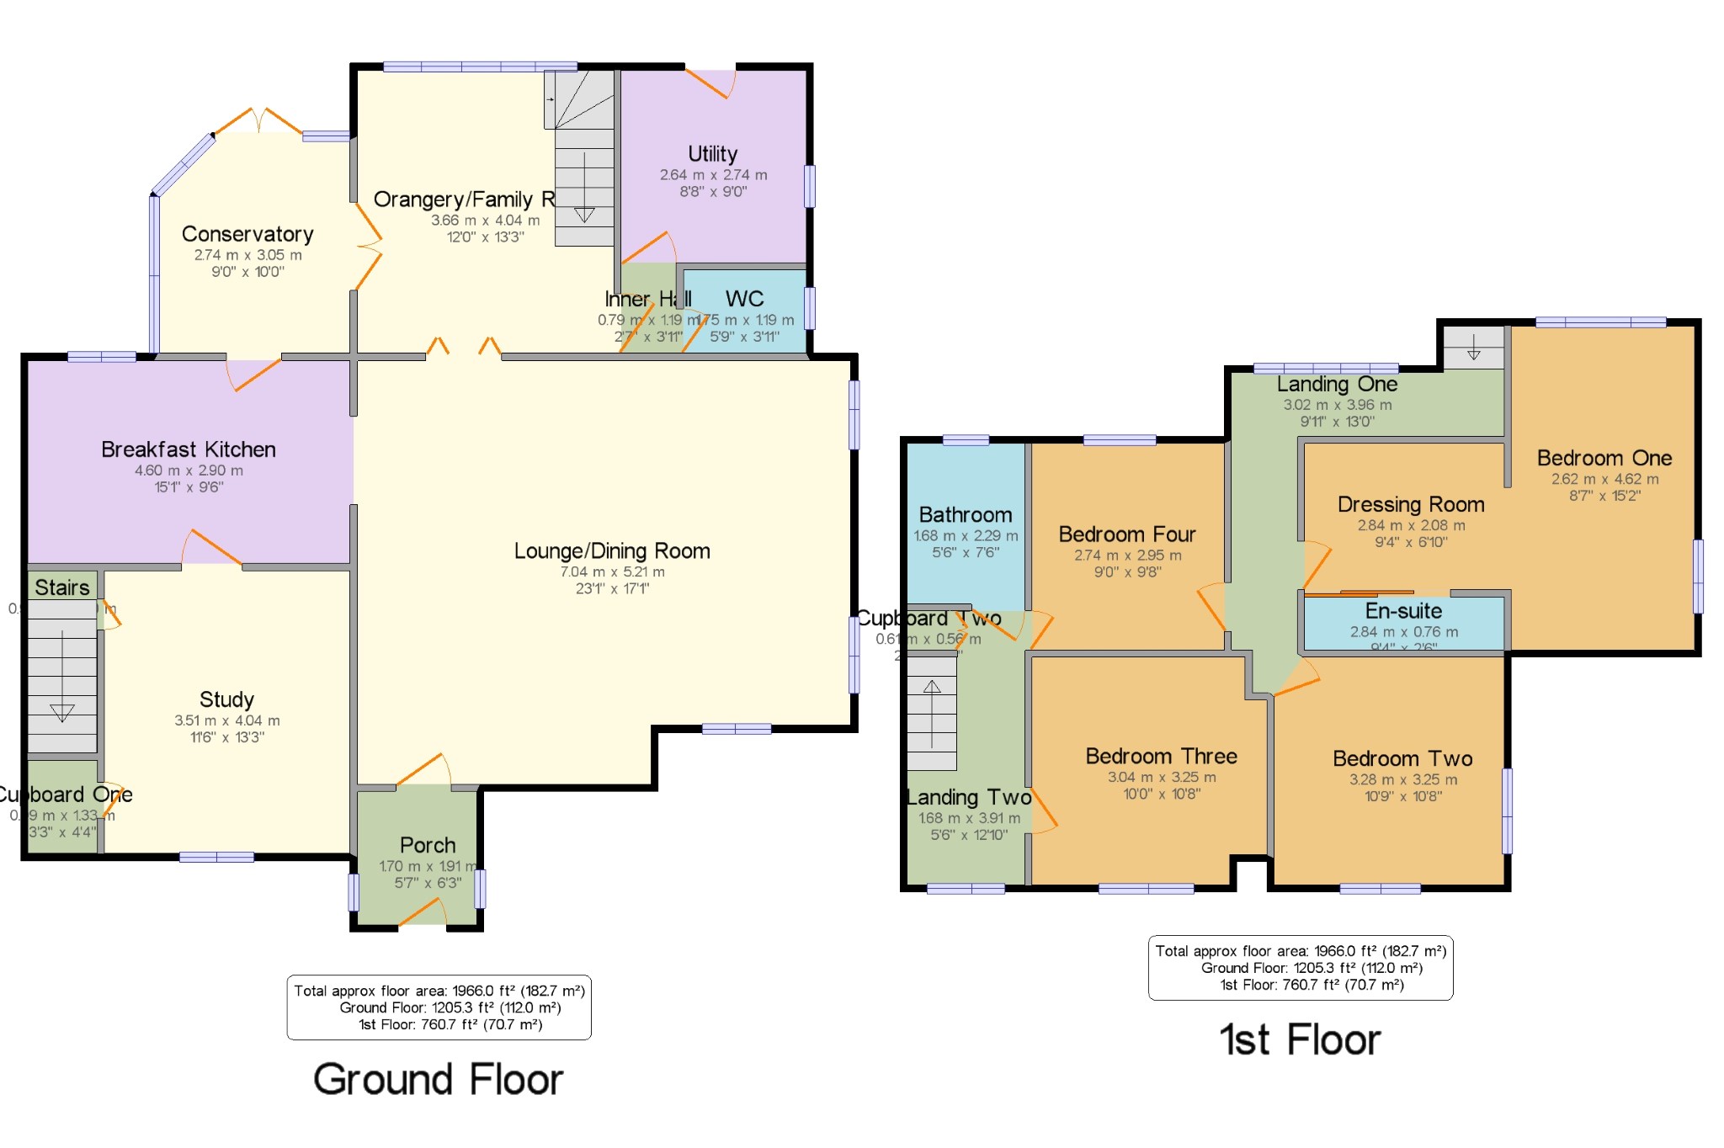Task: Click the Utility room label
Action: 712,154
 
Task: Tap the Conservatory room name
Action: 247,234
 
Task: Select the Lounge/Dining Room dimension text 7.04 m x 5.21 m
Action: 612,572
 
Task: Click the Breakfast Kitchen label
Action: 189,449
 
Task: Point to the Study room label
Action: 226,699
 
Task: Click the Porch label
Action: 428,845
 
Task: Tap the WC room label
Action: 744,299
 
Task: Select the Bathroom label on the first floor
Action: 966,515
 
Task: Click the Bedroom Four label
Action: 1127,534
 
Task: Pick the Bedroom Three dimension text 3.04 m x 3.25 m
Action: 1162,778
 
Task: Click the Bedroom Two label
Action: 1402,758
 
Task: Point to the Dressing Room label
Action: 1411,504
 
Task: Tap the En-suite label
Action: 1403,611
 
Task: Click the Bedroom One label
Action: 1604,458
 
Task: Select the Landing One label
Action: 1337,385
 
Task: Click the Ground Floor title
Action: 438,1080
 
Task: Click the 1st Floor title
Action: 1300,1040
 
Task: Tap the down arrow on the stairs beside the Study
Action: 62,711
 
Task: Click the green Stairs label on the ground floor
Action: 62,587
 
